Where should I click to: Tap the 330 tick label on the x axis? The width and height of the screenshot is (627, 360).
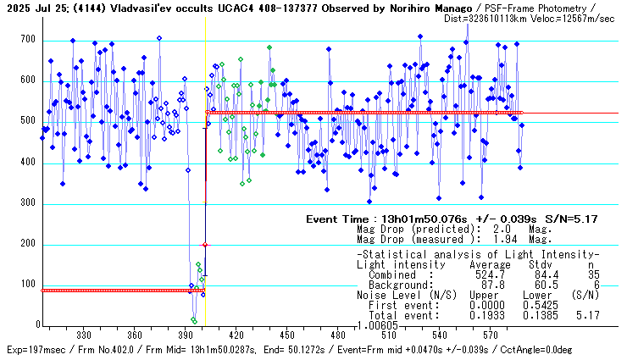pyautogui.click(x=85, y=335)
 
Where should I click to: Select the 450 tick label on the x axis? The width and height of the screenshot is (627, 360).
pyautogui.click(x=286, y=335)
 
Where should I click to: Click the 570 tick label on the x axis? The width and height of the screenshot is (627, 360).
pyautogui.click(x=489, y=335)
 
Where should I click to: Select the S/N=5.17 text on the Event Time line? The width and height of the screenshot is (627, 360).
pyautogui.click(x=574, y=219)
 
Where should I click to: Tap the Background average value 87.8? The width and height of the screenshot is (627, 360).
pyautogui.click(x=494, y=285)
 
